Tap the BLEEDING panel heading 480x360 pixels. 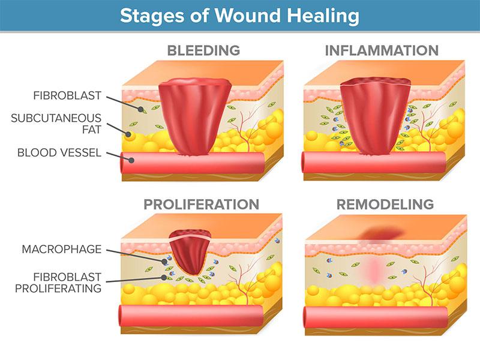tap(203, 50)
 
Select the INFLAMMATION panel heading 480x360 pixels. tap(382, 50)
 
